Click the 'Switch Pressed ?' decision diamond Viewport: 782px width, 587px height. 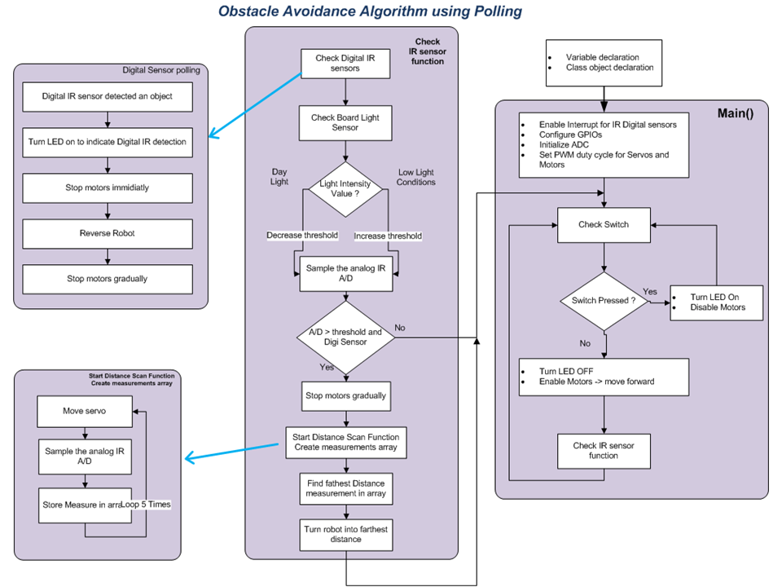tap(604, 301)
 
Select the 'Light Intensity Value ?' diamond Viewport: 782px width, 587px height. tap(345, 189)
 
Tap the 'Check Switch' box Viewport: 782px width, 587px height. tap(604, 225)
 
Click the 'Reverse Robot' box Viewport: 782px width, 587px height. tap(108, 234)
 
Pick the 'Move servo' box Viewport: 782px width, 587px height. tap(85, 411)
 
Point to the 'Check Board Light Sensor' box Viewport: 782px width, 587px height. tap(345, 123)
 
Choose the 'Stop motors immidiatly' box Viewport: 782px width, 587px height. tap(108, 188)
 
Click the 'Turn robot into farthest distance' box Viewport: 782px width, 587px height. tap(346, 535)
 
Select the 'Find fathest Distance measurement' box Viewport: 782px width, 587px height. tap(346, 488)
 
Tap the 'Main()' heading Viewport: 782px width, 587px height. tap(735, 113)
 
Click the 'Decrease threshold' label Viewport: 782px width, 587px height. tap(302, 235)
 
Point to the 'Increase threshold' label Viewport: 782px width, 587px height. tap(388, 236)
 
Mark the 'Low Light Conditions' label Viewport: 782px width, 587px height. tap(416, 177)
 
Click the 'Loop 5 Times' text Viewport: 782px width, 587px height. tap(146, 505)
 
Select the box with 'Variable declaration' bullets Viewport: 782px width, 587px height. tap(604, 63)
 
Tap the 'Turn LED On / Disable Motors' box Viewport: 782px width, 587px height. tap(716, 302)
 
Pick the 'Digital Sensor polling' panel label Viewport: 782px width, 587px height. tap(161, 70)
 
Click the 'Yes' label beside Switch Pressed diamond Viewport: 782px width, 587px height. tap(650, 292)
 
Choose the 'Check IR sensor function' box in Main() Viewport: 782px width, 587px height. tap(604, 451)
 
